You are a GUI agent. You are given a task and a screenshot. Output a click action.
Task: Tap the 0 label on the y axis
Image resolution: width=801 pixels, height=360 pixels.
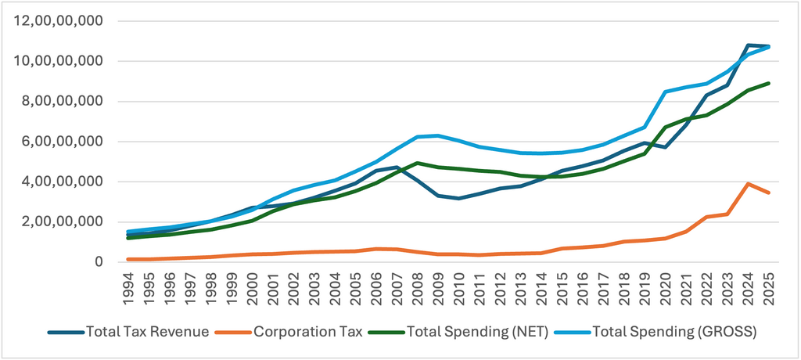coord(99,262)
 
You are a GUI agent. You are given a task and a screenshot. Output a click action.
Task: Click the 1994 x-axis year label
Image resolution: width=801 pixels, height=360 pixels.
coord(128,286)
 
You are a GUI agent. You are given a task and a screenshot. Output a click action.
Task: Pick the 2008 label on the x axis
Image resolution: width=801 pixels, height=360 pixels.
coord(418,286)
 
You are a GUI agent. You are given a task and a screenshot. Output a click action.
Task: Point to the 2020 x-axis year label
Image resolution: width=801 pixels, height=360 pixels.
coord(666,286)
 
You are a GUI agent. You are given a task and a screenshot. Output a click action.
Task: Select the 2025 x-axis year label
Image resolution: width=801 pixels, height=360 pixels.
coord(770,286)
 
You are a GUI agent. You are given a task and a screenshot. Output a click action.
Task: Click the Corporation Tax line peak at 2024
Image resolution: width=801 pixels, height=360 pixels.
coord(749,184)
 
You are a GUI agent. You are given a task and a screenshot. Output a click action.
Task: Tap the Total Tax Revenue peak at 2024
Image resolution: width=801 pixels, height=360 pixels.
coord(749,45)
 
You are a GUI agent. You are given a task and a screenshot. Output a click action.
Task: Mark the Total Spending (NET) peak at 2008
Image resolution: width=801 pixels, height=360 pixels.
coord(418,163)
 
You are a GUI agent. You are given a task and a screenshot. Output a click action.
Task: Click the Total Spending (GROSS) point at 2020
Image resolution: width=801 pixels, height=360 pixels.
coord(666,92)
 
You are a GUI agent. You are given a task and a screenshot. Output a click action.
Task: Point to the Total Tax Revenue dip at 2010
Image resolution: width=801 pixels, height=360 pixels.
coord(459,198)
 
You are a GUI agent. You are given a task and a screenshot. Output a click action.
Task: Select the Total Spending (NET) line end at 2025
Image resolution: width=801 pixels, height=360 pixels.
coord(770,83)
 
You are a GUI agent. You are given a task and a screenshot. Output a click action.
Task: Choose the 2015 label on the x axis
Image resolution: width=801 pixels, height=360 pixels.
coord(562,286)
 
